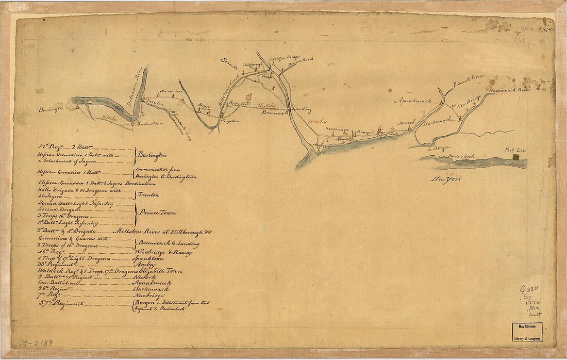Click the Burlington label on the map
51,109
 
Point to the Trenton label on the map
154,103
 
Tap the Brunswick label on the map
273,112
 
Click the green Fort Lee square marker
516,163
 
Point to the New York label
446,179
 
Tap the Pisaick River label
469,80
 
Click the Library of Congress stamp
527,331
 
